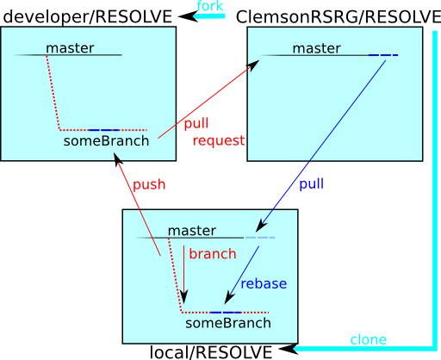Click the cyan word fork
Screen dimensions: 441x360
(x=210, y=6)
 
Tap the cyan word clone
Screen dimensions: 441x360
(x=369, y=340)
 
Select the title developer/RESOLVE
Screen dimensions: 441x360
(x=88, y=16)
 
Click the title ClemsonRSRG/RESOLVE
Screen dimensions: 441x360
(x=339, y=16)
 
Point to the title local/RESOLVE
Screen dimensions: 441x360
(x=211, y=352)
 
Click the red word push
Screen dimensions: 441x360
(x=149, y=185)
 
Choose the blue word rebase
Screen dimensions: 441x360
(x=264, y=283)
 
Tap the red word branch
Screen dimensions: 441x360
(x=213, y=254)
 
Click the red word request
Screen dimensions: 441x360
(x=219, y=141)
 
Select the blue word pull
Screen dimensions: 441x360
(x=312, y=183)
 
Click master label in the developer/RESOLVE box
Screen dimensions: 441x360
(x=70, y=48)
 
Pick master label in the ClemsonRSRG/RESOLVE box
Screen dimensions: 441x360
(x=317, y=48)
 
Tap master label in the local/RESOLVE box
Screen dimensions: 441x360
(x=192, y=231)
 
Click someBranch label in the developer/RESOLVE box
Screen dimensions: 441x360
(x=106, y=141)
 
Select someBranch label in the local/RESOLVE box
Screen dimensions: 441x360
(x=228, y=323)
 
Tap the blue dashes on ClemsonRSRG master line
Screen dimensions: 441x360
(x=383, y=55)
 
